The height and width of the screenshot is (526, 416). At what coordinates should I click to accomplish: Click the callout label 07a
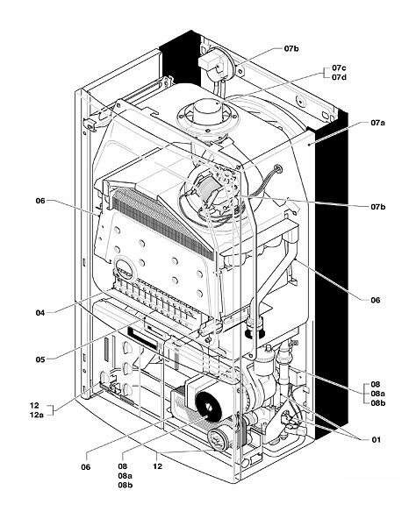(377, 123)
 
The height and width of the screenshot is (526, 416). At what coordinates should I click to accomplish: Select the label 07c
(339, 68)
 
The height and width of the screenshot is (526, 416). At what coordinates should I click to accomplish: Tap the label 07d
(339, 77)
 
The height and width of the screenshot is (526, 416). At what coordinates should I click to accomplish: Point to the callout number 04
(40, 313)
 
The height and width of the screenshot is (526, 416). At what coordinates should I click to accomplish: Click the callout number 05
(40, 359)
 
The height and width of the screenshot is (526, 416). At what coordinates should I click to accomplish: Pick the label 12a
(37, 415)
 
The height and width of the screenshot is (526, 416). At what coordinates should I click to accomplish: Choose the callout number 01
(376, 439)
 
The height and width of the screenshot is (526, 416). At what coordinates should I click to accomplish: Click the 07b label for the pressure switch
(291, 48)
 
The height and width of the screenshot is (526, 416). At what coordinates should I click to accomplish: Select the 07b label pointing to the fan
(378, 207)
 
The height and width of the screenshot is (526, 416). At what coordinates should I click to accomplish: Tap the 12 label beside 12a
(34, 405)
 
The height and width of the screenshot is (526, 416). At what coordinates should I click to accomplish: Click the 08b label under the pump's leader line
(126, 485)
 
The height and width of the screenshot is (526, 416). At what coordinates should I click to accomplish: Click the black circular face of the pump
(208, 407)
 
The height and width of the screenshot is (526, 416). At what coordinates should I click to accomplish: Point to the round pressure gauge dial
(218, 440)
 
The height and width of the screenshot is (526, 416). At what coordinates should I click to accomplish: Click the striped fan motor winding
(210, 190)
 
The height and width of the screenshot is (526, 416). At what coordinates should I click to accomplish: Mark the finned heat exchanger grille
(162, 222)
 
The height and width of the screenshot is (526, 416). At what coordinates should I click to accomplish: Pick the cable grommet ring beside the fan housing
(278, 168)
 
